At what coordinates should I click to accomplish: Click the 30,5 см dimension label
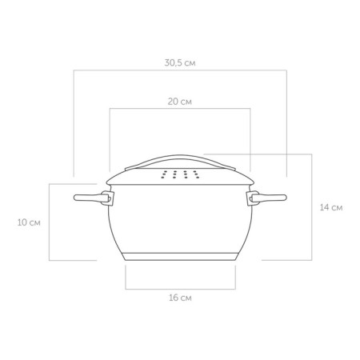(x=180, y=63)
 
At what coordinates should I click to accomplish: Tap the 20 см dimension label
(x=180, y=102)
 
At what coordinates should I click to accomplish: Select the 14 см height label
(x=331, y=207)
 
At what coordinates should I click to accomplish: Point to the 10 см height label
(x=29, y=222)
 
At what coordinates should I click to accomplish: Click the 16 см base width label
(x=180, y=298)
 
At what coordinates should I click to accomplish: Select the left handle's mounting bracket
(x=108, y=198)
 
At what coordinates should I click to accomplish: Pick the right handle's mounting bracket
(x=252, y=198)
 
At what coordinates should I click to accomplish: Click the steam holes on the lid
(x=180, y=174)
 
